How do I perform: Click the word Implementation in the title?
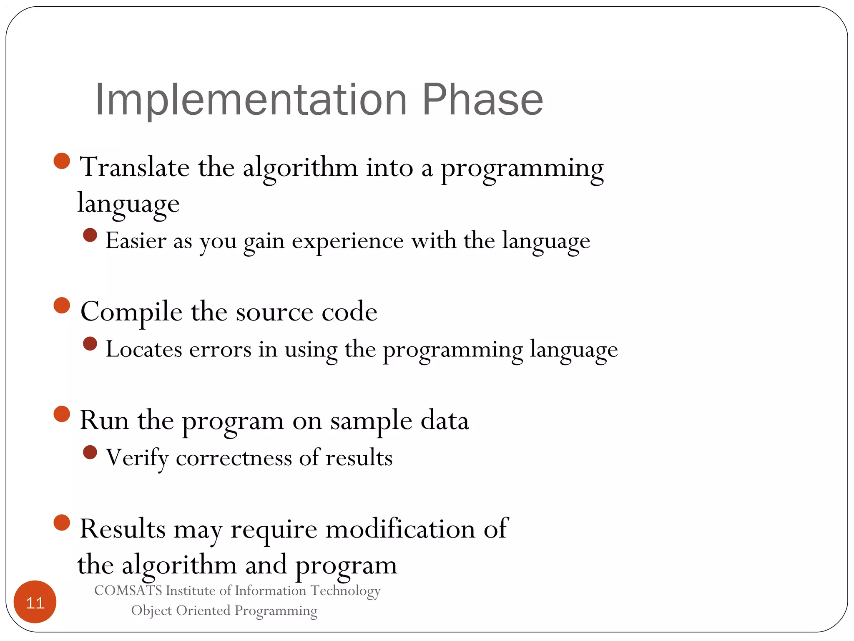tap(251, 100)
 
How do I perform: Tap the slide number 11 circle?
tap(35, 602)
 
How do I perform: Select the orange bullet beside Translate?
tap(62, 161)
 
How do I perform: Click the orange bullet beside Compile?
tap(62, 305)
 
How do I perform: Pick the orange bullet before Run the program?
tap(62, 414)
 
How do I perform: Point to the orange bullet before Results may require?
tap(62, 522)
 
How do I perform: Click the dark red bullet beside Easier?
tap(90, 235)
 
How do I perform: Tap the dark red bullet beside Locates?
tap(90, 344)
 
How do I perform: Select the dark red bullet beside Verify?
tap(90, 452)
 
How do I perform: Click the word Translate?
tap(135, 167)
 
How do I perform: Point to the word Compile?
tap(131, 312)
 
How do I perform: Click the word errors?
tap(220, 349)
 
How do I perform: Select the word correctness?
tap(234, 458)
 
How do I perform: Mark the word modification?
tap(400, 529)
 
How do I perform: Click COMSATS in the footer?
tap(128, 591)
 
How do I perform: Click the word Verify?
tap(137, 458)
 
